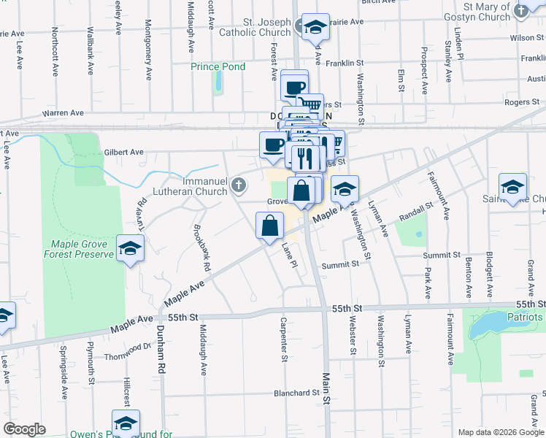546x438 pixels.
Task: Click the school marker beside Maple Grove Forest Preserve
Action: [131, 250]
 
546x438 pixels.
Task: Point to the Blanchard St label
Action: [296, 393]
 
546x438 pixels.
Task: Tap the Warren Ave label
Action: [64, 113]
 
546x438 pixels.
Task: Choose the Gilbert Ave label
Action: [121, 153]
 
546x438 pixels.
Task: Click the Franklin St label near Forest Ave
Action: [344, 64]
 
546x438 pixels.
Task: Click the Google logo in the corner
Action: [25, 429]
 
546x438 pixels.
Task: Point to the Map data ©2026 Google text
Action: [500, 432]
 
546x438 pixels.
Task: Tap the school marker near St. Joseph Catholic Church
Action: [315, 27]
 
